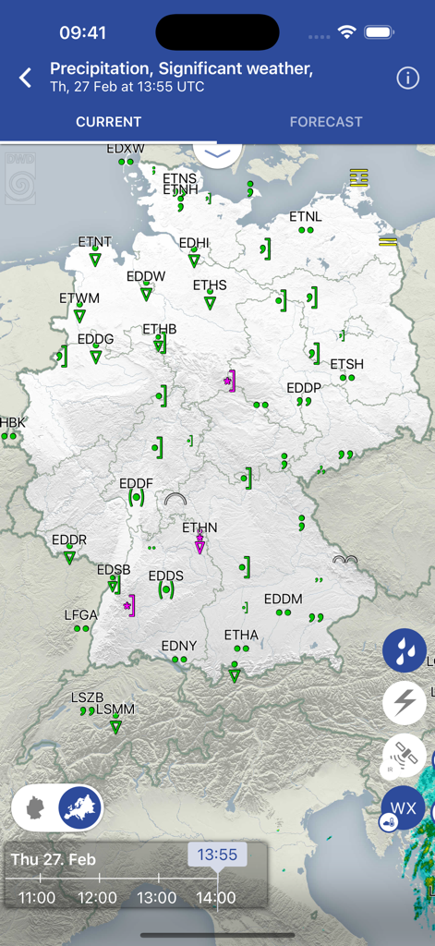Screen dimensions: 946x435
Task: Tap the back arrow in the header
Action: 26,78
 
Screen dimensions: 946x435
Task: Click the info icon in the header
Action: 407,78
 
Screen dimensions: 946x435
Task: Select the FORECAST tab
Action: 326,122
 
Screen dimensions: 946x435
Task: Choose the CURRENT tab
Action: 109,122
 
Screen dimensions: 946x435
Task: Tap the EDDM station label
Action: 284,599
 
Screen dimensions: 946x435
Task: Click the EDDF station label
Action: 136,483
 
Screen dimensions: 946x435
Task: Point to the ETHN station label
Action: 199,528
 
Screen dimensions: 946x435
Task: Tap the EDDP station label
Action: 303,388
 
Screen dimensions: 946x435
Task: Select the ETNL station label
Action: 306,217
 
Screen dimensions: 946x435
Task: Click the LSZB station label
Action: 88,697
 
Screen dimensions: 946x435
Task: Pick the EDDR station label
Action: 69,540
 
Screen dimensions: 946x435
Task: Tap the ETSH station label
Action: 347,364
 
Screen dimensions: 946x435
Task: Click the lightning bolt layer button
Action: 405,703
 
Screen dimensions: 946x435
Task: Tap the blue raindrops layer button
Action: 405,651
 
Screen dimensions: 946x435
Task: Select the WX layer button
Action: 404,808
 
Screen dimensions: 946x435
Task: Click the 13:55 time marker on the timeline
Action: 217,855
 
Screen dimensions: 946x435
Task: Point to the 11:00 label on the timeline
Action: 37,897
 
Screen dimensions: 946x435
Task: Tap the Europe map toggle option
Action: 80,808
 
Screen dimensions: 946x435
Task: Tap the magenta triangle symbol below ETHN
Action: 199,548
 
